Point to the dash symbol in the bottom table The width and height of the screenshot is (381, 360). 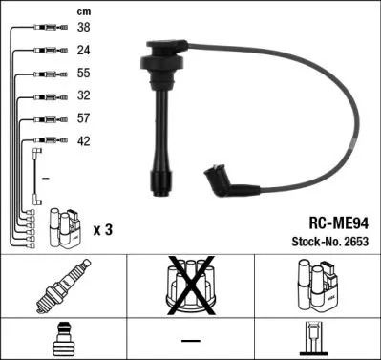tap(190, 340)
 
